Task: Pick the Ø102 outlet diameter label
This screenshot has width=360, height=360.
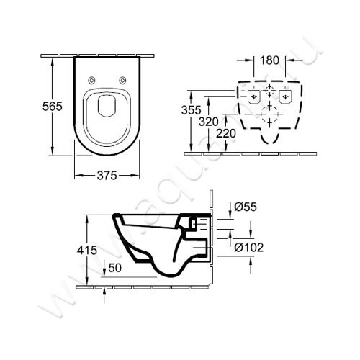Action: point(248,248)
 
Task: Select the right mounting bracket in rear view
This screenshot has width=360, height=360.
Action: point(285,95)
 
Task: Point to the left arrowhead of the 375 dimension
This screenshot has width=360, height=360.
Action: point(77,174)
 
